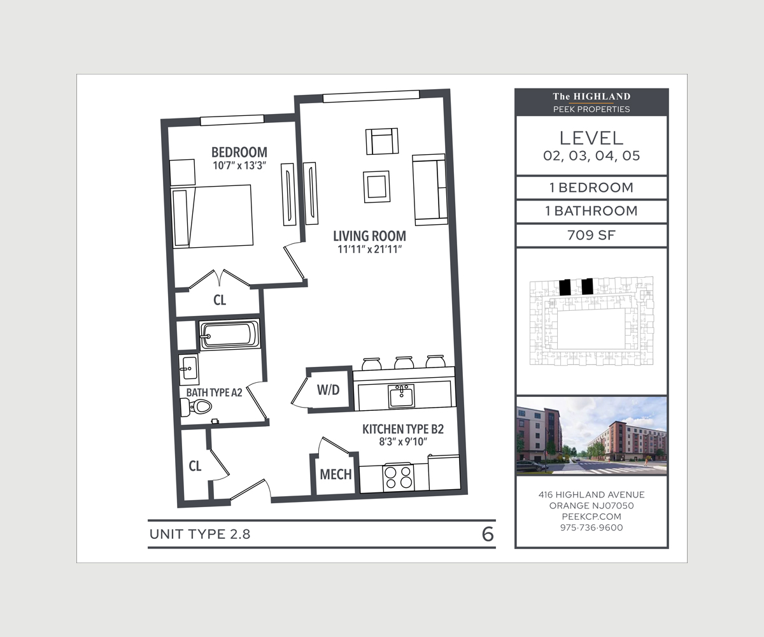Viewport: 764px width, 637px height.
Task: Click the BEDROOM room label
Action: (239, 153)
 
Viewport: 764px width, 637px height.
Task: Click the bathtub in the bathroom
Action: (229, 334)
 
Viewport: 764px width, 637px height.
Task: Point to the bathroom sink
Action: (189, 367)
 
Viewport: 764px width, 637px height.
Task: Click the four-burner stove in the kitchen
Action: (398, 477)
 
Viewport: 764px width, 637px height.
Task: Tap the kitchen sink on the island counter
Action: (401, 396)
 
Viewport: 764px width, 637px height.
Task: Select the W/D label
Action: (328, 390)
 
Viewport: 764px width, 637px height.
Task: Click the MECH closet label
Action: (336, 475)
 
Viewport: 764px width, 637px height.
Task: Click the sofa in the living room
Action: (429, 189)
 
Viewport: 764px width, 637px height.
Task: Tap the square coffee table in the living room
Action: (376, 187)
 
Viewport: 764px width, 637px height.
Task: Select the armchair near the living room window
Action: (381, 141)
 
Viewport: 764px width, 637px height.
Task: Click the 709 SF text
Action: (591, 235)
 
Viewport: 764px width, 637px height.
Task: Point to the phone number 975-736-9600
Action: (591, 527)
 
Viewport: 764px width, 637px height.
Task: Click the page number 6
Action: (488, 534)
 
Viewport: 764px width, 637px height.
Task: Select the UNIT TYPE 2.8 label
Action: (200, 534)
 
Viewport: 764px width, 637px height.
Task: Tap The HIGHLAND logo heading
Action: (591, 97)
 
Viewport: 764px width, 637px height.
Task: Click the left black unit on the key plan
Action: (564, 287)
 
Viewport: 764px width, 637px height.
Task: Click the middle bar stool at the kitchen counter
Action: (403, 362)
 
